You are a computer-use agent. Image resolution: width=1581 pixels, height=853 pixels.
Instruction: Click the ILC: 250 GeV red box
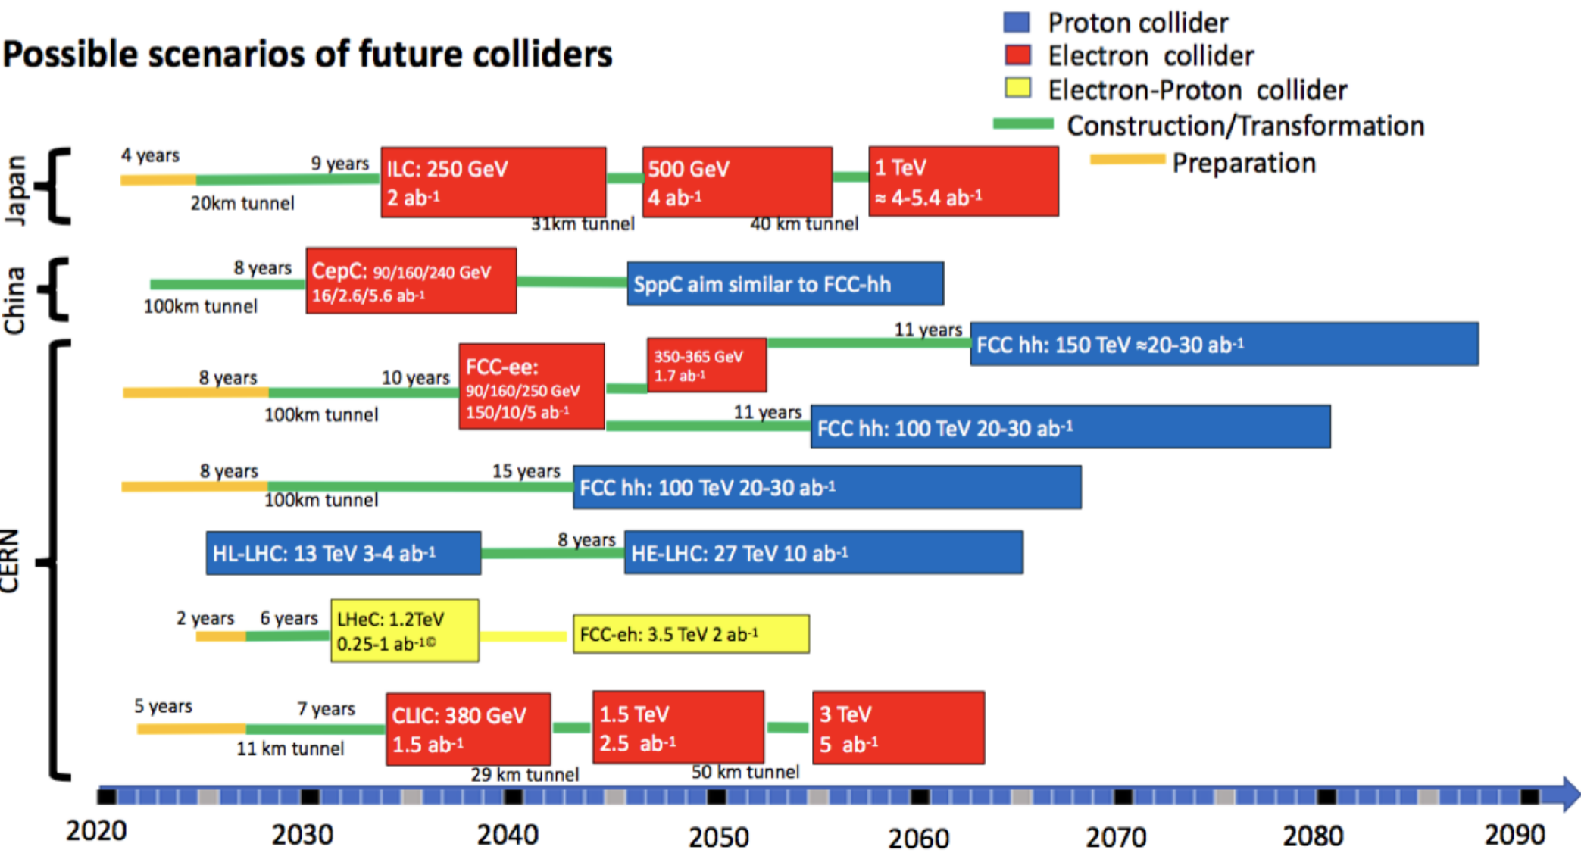pos(492,183)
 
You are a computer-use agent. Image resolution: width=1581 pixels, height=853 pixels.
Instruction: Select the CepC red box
pos(411,281)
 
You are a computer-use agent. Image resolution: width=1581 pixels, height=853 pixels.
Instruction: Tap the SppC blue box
pos(785,284)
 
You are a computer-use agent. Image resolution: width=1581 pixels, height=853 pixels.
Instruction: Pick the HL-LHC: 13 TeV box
pos(343,553)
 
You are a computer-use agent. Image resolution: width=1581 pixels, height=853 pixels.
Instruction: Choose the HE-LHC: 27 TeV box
pos(823,553)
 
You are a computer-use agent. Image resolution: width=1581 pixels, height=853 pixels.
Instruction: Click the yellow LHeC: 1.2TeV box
pos(405,631)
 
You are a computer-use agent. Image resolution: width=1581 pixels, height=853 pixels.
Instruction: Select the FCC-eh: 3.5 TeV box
pos(691,634)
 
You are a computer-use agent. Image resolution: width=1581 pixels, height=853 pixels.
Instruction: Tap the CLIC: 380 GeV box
pos(468,729)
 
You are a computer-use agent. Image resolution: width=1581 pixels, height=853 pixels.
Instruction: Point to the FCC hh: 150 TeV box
pos(1223,345)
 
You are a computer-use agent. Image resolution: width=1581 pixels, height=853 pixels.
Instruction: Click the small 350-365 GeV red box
pos(706,365)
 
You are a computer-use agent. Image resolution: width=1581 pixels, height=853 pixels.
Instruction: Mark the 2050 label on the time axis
pos(718,837)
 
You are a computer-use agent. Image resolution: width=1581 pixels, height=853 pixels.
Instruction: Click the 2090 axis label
pos(1514,834)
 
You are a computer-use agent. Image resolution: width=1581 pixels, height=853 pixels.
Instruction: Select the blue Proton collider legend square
pos(1017,22)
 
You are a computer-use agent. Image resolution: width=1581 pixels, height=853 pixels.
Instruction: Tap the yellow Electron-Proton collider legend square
pos(1017,88)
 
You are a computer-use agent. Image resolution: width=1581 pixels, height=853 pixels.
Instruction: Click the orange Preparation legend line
pos(1127,159)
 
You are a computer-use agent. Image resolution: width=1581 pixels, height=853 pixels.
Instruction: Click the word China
pos(15,300)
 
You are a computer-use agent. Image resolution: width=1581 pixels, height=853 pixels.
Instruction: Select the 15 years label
pos(526,471)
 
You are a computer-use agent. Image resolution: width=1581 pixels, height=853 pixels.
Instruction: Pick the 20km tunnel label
pos(242,203)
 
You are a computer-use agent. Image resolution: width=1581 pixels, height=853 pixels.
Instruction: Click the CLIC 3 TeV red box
pos(898,727)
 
